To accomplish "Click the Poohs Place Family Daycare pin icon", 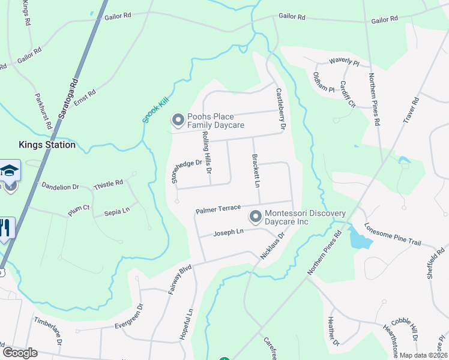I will click(178, 121).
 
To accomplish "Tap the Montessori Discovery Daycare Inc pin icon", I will click(256, 215).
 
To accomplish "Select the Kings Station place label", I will click(47, 145).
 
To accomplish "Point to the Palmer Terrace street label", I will click(218, 209).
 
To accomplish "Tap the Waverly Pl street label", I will click(344, 62).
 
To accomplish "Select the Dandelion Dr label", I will click(60, 187).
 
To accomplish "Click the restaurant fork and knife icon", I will click(5, 229).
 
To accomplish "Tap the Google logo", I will click(19, 353).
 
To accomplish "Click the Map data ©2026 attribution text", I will click(424, 355).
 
